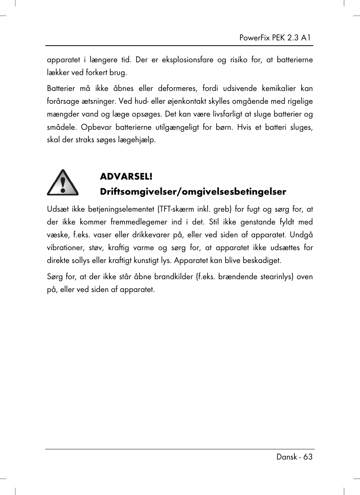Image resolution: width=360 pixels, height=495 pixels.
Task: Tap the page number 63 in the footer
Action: pyautogui.click(x=308, y=457)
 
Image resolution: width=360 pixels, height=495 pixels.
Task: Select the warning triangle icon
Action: pyautogui.click(x=63, y=183)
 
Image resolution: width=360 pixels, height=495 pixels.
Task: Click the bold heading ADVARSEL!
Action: pyautogui.click(x=126, y=176)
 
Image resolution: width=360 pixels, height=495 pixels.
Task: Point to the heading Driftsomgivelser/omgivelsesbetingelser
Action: pyautogui.click(x=193, y=192)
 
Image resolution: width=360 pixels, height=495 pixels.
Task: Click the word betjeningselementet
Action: pyautogui.click(x=121, y=209)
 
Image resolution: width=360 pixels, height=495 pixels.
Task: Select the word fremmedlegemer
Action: pyautogui.click(x=139, y=222)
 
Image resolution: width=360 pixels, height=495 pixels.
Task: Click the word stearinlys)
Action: pyautogui.click(x=274, y=277)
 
